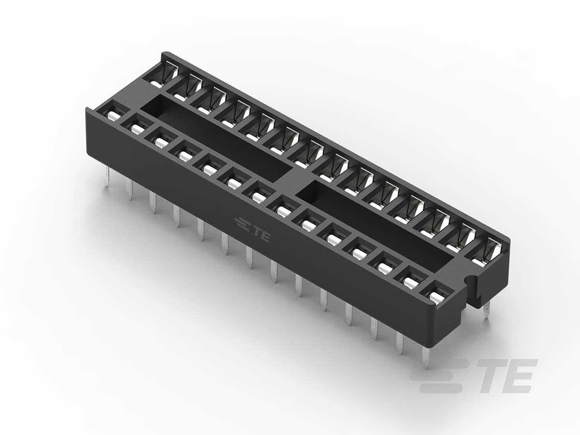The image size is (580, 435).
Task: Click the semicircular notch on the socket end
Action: point(469,279)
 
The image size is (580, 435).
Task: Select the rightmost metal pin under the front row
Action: point(426,358)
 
